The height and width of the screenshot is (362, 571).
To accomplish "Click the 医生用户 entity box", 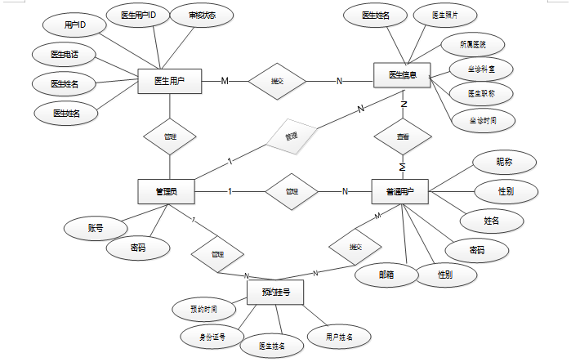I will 169,81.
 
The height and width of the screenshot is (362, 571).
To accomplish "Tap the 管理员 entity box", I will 167,192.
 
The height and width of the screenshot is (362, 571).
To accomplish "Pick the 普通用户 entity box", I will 400,192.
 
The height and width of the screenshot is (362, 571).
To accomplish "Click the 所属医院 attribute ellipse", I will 473,44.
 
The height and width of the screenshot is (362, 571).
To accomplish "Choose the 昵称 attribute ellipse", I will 504,162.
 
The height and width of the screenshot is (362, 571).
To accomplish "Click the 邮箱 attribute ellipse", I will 386,275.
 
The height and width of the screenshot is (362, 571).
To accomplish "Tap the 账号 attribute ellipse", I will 96,228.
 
